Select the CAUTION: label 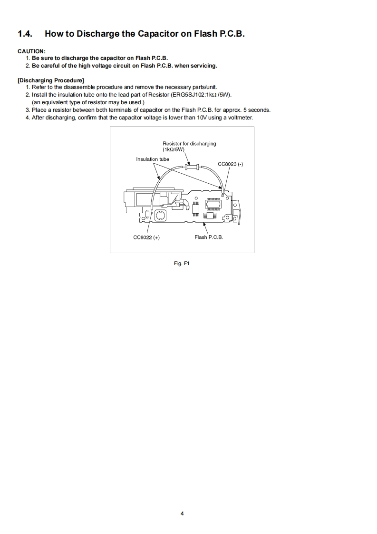tap(31, 51)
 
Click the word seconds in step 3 tap(260, 110)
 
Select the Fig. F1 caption tap(182, 263)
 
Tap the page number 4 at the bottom tap(182, 513)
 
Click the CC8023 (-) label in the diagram tap(231, 164)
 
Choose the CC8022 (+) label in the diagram tap(146, 237)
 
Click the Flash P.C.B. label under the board tap(209, 237)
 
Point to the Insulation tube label tap(153, 159)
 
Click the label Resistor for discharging tap(189, 143)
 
